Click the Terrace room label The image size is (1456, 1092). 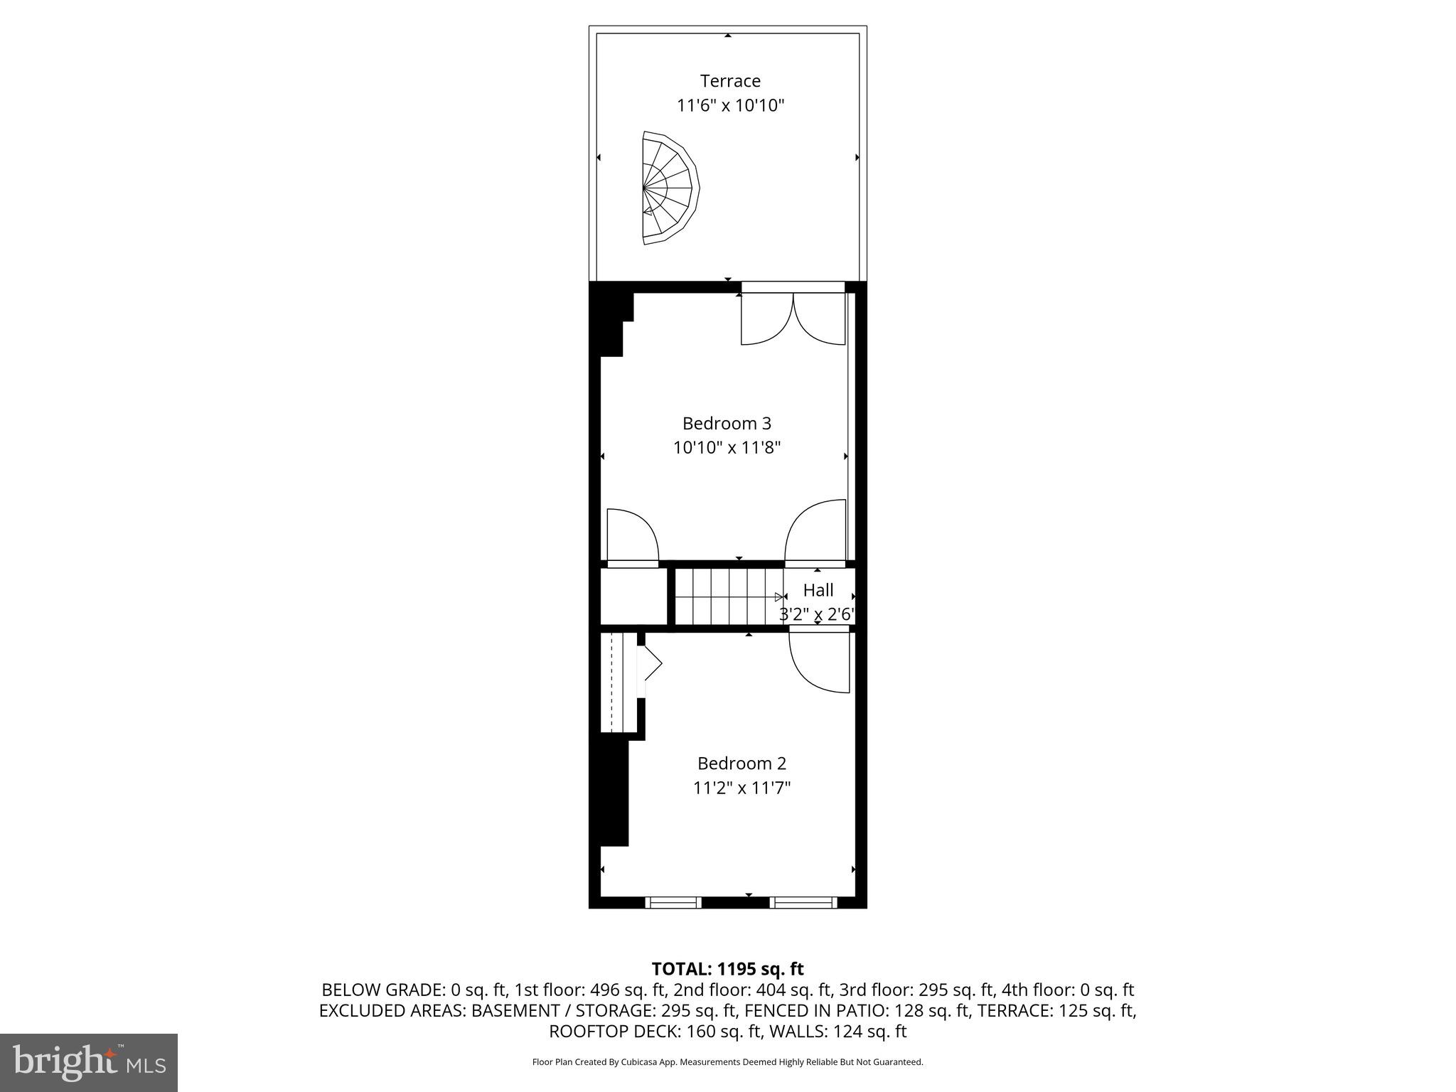[x=730, y=81]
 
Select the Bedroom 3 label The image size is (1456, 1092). [x=727, y=424]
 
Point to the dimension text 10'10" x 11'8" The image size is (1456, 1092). [x=727, y=448]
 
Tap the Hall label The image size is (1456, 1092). [x=818, y=590]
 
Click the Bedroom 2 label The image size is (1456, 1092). [x=742, y=764]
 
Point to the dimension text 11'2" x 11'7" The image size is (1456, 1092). [x=742, y=788]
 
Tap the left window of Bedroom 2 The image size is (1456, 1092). [x=673, y=903]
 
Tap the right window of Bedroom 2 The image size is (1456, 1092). [x=803, y=903]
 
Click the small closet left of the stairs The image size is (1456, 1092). [x=633, y=596]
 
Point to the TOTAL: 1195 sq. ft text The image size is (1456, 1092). [x=727, y=969]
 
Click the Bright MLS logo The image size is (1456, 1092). [x=89, y=1062]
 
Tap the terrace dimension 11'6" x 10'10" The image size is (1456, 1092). [x=730, y=106]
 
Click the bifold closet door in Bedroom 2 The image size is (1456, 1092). [x=650, y=665]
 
